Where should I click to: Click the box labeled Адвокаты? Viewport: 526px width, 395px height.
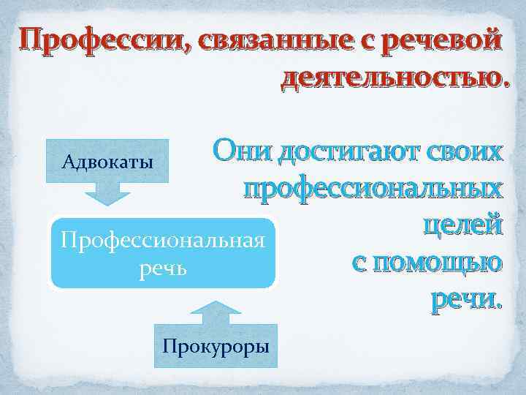(x=108, y=161)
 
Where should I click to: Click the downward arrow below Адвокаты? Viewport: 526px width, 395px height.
(x=107, y=194)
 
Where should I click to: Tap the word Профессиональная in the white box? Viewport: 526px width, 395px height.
(x=162, y=240)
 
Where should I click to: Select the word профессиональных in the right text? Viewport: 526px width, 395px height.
(x=373, y=189)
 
